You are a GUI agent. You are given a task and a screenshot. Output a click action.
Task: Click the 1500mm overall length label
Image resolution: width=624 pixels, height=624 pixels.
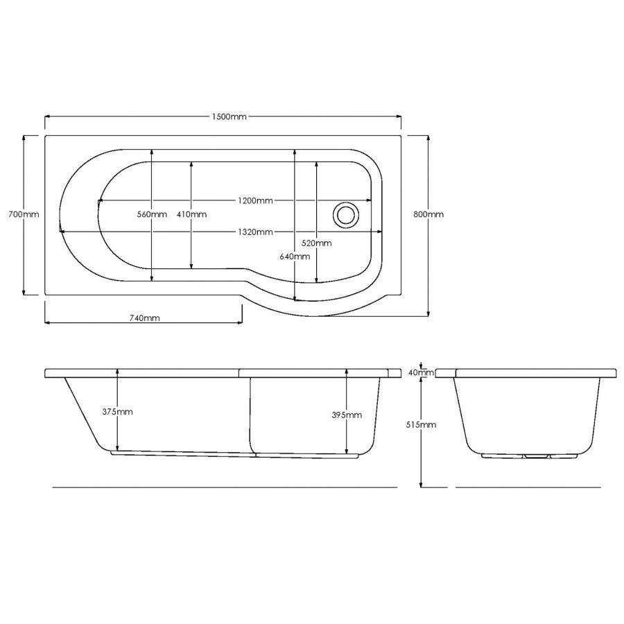click(229, 116)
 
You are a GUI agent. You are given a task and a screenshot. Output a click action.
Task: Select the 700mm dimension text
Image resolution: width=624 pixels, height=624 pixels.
click(23, 214)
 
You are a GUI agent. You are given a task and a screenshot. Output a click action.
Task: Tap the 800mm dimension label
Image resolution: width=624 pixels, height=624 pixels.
click(428, 214)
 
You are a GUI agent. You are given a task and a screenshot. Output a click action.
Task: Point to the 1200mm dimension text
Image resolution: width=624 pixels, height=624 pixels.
click(255, 200)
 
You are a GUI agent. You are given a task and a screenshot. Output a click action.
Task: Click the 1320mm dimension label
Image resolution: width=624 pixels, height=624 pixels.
click(255, 232)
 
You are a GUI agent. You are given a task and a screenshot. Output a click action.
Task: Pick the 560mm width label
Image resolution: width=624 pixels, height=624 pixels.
click(151, 214)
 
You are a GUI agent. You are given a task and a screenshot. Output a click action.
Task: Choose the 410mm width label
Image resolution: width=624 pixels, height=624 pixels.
click(191, 214)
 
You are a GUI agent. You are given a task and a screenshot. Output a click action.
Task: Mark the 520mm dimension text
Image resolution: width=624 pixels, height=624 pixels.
click(316, 243)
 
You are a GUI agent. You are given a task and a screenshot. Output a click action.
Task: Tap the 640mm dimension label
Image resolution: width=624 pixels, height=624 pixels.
click(295, 256)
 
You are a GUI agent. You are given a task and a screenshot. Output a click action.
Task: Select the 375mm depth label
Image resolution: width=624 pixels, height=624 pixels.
click(117, 411)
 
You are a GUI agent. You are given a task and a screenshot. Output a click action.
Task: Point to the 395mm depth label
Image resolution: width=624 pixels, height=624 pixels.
click(347, 415)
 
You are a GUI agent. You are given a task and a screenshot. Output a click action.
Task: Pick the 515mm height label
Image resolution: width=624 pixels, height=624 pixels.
click(422, 424)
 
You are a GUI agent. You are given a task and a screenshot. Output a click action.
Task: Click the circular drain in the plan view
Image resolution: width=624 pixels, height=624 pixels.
click(344, 214)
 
